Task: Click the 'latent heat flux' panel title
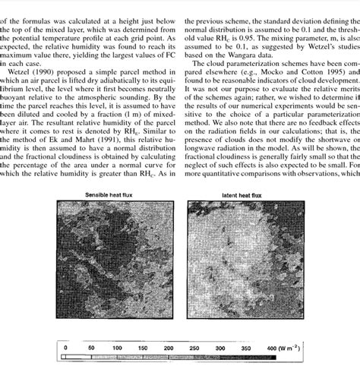tap(238, 195)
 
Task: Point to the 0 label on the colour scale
tap(66, 349)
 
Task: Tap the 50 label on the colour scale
tap(91, 349)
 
